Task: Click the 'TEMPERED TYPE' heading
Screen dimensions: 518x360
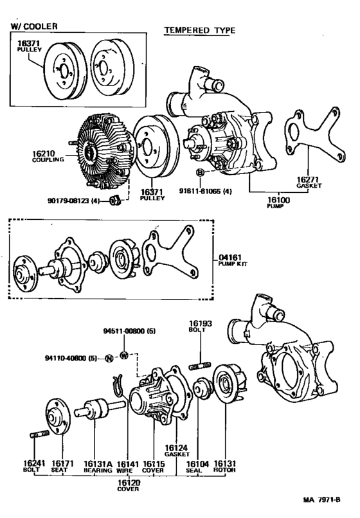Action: pos(199,30)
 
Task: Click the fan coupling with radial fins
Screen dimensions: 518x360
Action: pos(100,151)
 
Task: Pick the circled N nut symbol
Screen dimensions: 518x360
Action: pos(109,358)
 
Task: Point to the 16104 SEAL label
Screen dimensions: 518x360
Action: pos(196,465)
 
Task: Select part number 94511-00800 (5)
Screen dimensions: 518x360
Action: pos(129,333)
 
